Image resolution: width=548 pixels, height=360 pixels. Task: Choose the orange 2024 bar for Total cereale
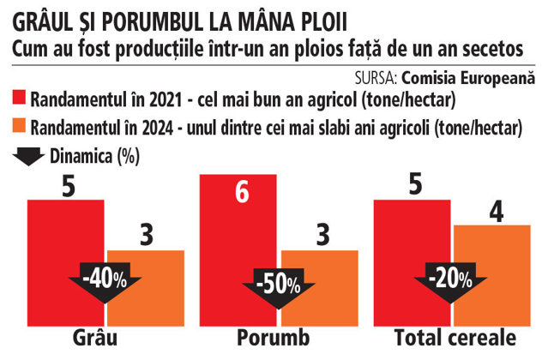click(492, 276)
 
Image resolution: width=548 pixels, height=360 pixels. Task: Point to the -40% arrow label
click(105, 279)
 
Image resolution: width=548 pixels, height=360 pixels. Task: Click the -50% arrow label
click(279, 285)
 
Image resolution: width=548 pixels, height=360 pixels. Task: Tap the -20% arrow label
click(450, 279)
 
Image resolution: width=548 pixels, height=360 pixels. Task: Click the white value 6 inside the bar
click(242, 192)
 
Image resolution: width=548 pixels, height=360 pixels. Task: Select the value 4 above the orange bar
click(497, 213)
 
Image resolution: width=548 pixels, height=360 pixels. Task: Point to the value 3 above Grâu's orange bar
click(147, 235)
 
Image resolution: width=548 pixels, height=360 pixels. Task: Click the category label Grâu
click(95, 338)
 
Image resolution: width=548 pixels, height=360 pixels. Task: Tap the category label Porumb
click(274, 338)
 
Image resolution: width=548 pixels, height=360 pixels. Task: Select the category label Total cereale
click(455, 338)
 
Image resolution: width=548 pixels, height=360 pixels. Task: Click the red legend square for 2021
click(19, 98)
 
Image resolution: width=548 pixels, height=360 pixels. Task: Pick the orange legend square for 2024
click(19, 126)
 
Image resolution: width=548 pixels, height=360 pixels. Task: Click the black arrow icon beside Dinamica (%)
click(28, 157)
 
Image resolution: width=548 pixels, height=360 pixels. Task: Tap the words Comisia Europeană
click(468, 78)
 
